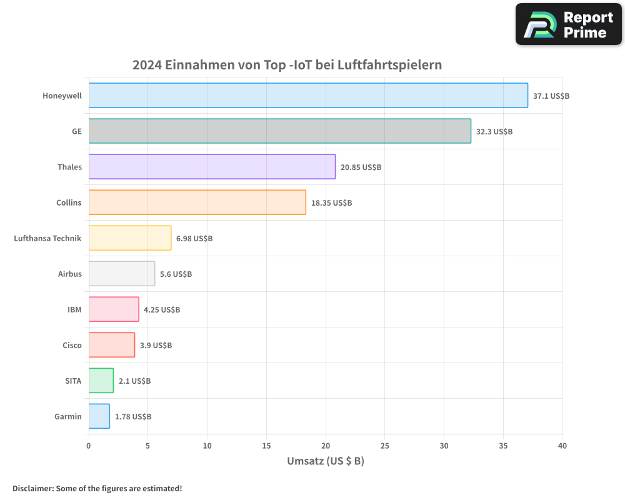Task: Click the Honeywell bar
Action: (x=308, y=96)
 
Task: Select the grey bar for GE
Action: (x=279, y=131)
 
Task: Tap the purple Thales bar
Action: (x=212, y=167)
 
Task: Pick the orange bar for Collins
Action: (x=197, y=202)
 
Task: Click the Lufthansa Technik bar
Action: (x=130, y=238)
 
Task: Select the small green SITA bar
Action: (x=101, y=381)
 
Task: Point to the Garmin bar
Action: (x=99, y=416)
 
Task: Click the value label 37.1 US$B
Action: (x=551, y=96)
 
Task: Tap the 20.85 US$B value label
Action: (x=361, y=167)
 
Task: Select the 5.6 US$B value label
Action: (x=176, y=274)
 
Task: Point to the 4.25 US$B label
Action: (x=162, y=310)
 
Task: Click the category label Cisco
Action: (x=72, y=346)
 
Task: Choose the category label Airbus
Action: (x=70, y=274)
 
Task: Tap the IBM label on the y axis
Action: (x=74, y=310)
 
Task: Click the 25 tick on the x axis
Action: (x=385, y=446)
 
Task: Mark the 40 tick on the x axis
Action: (x=562, y=446)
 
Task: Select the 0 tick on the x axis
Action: (x=89, y=446)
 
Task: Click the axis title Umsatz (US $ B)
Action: (x=325, y=462)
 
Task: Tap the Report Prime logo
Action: (x=569, y=24)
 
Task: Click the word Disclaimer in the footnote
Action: (x=32, y=489)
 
